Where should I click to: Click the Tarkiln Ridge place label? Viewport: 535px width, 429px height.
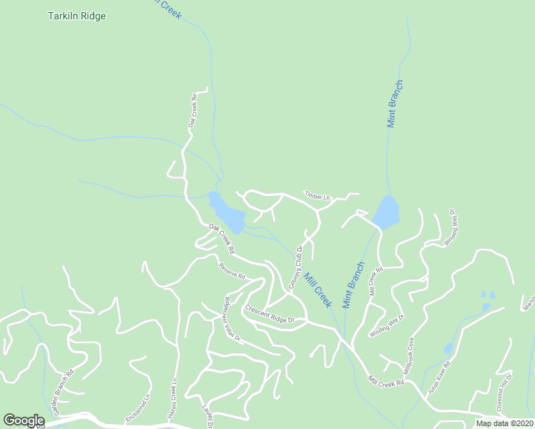77,16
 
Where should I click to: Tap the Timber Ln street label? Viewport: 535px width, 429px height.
318,196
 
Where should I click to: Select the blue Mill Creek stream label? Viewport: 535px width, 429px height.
318,290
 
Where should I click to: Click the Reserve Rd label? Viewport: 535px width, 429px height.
232,270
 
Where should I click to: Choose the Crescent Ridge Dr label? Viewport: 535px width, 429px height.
270,315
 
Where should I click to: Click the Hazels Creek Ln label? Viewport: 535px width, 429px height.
174,400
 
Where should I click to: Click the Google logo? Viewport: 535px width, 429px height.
24,420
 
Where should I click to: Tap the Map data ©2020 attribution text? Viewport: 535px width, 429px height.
504,423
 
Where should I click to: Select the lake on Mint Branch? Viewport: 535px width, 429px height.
386,212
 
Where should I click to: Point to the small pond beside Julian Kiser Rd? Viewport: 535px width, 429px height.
448,348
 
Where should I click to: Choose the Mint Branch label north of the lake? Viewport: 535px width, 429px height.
396,105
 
